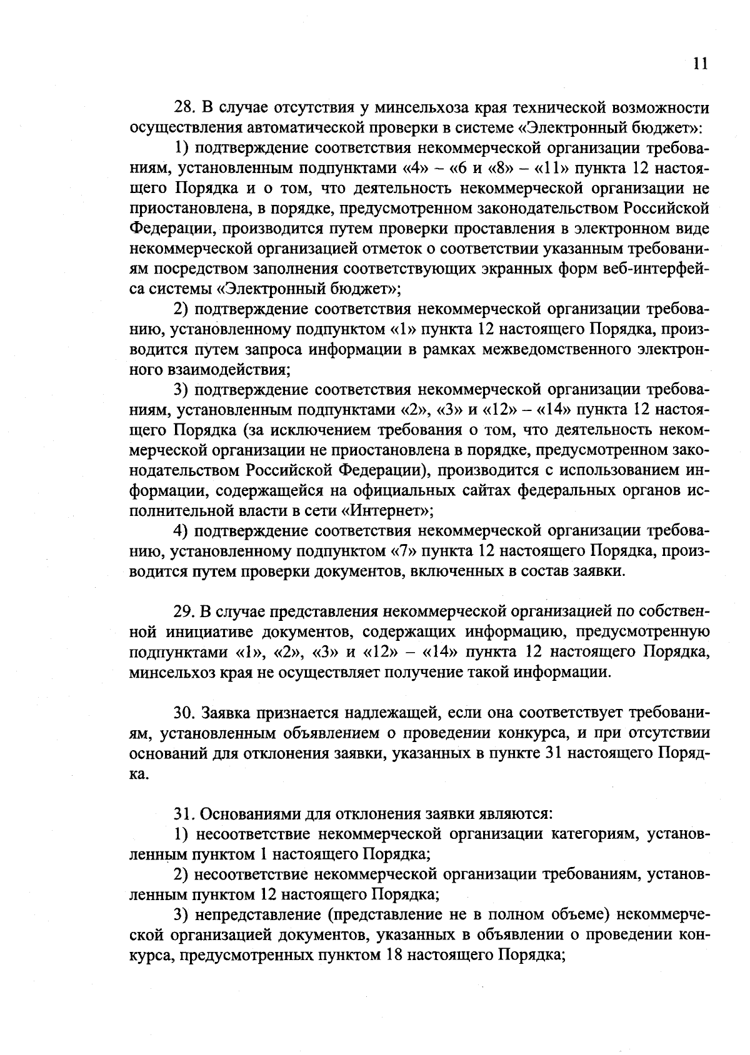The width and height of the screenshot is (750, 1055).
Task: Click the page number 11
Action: [x=700, y=64]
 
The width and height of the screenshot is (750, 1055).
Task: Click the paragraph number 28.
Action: [x=183, y=108]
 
